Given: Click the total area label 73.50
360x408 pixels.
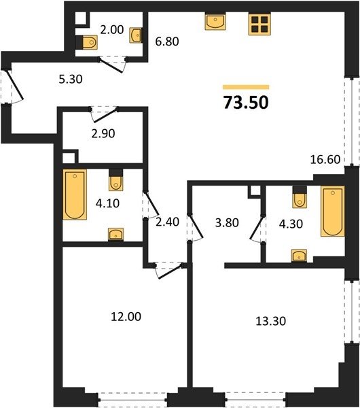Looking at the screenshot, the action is click(246, 103).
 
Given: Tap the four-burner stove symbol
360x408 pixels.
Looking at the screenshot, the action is click(259, 24).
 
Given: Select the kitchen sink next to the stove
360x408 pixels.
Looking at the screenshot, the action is click(215, 22).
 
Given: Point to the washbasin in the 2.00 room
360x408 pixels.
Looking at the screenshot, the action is click(136, 35).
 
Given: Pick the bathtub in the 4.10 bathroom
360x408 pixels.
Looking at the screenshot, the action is click(75, 194).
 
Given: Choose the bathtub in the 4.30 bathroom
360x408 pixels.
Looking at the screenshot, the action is click(333, 211).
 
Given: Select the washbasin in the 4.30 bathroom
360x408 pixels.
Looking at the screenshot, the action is click(299, 256).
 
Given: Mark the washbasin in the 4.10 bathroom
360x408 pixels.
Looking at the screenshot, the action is click(115, 234).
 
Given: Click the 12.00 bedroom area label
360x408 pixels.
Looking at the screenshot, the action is click(126, 317).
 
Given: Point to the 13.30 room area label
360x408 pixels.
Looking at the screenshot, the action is click(271, 321).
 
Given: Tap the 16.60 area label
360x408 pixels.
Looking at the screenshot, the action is click(325, 159).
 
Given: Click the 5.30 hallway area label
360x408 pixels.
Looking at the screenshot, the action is click(71, 79).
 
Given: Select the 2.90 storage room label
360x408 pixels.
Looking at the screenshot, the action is click(103, 133).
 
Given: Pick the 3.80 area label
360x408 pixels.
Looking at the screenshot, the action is click(227, 223).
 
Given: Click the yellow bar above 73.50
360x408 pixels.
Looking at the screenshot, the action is click(246, 87).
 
